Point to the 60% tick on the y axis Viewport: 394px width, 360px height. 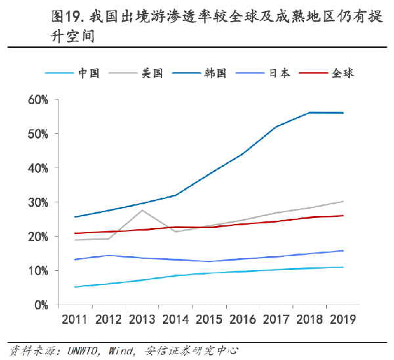point(39,100)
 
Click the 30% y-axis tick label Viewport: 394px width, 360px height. point(39,202)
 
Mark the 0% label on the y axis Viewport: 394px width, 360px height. point(41,305)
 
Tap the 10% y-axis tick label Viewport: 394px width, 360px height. point(39,271)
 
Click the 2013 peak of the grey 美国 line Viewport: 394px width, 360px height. point(142,210)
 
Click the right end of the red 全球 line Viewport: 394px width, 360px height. point(343,215)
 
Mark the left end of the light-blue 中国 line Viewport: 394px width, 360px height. point(76,287)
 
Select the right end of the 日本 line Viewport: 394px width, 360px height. point(343,250)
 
